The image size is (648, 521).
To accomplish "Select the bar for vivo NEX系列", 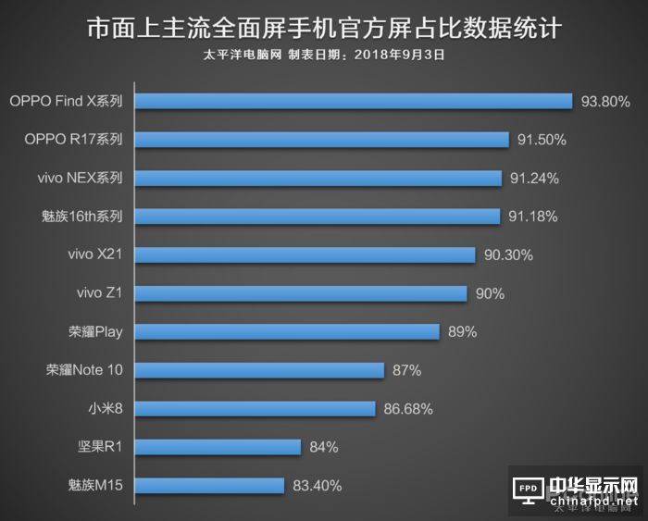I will [x=318, y=178].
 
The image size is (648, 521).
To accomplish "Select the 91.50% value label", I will [x=542, y=140].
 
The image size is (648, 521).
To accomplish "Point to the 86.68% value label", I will [x=408, y=408].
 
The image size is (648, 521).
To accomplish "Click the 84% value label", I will [x=324, y=447].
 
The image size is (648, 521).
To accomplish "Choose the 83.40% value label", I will [x=317, y=485].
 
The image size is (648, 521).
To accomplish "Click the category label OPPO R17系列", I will [x=74, y=140].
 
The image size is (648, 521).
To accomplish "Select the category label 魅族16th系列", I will [x=82, y=217].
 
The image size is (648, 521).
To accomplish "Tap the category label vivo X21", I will [x=95, y=254].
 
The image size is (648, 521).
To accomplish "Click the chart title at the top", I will [x=323, y=29].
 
